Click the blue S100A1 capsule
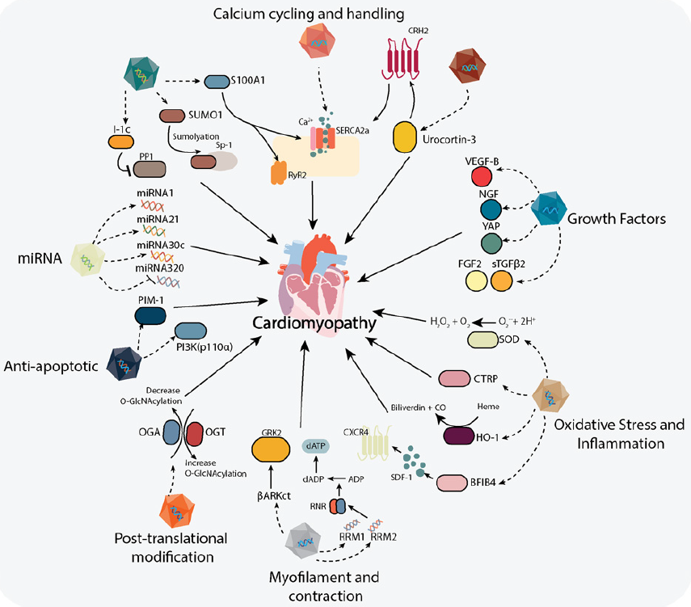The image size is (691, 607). (x=216, y=82)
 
